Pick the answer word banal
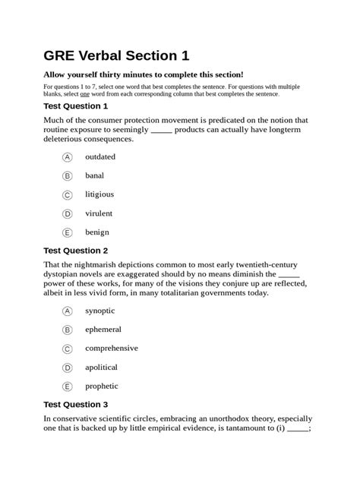point(95,175)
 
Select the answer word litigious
point(99,194)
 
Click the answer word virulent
point(99,213)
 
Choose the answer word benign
point(97,232)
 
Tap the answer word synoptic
point(100,311)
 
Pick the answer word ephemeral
point(103,330)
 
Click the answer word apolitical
point(102,367)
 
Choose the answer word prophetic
point(102,386)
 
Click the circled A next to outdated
point(67,157)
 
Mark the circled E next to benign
point(67,233)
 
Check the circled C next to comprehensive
point(67,349)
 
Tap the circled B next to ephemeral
point(67,330)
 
